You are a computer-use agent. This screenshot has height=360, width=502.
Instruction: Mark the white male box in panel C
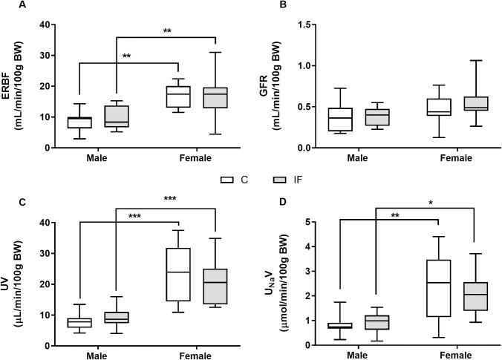[x=78, y=322]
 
